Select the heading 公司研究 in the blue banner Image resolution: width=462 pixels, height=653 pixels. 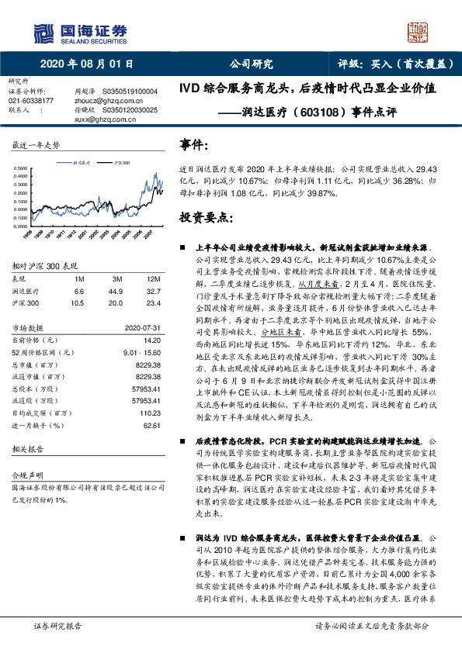tap(252, 65)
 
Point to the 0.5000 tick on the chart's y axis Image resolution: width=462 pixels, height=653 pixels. tap(24, 168)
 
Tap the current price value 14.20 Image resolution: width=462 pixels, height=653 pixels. tap(150, 339)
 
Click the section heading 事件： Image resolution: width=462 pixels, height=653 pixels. tap(194, 144)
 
